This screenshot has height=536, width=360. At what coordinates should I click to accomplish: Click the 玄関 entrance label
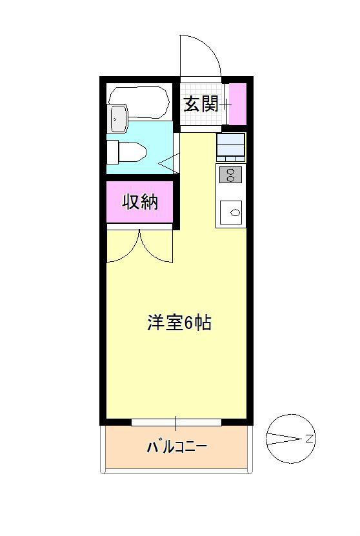pos(201,104)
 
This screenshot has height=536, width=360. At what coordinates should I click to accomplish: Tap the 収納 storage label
pos(140,202)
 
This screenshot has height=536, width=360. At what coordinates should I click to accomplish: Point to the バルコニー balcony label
pos(176,446)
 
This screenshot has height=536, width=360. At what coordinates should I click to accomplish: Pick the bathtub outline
pos(139,103)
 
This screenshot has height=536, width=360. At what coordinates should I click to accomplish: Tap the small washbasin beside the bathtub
pos(118,118)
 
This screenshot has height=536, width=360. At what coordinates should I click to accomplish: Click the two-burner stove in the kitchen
pos(230,174)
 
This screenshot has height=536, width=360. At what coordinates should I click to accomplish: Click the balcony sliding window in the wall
pos(176,422)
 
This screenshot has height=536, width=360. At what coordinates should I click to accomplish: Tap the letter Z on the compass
pos(309,439)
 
